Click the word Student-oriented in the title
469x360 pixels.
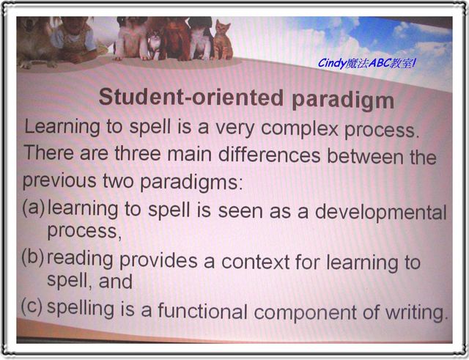point(191,98)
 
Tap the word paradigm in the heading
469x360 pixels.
point(343,100)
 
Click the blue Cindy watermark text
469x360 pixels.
point(366,64)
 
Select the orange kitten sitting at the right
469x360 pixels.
point(223,40)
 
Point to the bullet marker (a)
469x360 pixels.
point(34,207)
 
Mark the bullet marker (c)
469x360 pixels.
point(32,307)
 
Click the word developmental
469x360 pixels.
point(381,212)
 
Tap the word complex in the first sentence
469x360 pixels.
point(300,129)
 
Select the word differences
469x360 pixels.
point(269,155)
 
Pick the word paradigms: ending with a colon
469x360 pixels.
point(191,182)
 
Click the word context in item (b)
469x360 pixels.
point(256,262)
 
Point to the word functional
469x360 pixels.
point(202,310)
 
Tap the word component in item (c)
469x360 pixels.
point(305,313)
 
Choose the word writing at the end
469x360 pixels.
point(416,313)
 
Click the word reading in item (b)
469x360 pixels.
point(80,259)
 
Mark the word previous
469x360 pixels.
point(59,181)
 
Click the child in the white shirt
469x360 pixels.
point(74,40)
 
